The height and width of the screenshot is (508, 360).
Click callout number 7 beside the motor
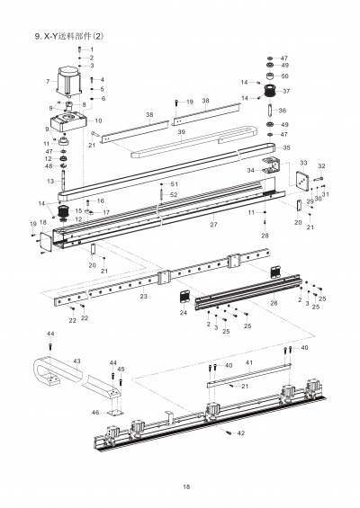point(47,82)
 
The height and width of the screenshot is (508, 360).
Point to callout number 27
point(213,223)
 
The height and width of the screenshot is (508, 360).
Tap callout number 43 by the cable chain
point(76,361)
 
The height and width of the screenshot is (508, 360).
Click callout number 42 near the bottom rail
point(241,434)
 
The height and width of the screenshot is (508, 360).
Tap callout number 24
point(183,314)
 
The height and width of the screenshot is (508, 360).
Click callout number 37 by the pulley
point(286,91)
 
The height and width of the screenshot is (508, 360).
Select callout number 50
point(284,76)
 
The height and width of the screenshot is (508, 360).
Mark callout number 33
point(303,163)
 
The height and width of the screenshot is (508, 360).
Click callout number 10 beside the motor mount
point(98,120)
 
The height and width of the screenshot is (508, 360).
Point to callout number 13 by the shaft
point(50,181)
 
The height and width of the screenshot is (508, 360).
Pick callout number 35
point(286,147)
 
